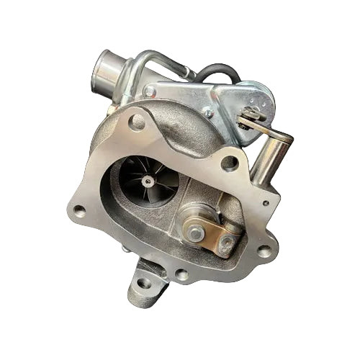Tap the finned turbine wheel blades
point(134,172)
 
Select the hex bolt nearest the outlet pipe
point(149,91)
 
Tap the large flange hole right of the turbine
point(230,163)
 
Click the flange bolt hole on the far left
point(79,210)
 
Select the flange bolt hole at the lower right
point(264,251)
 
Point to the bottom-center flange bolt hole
point(182,274)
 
